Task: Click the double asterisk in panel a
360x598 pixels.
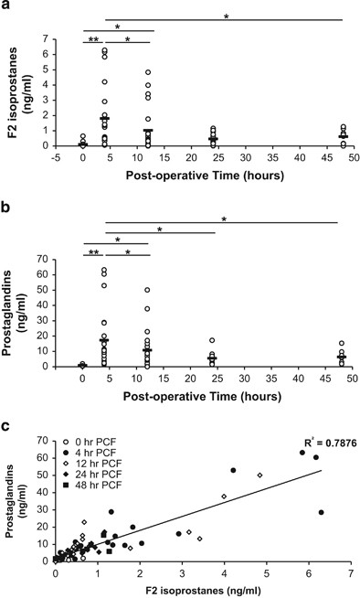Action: coord(94,40)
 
